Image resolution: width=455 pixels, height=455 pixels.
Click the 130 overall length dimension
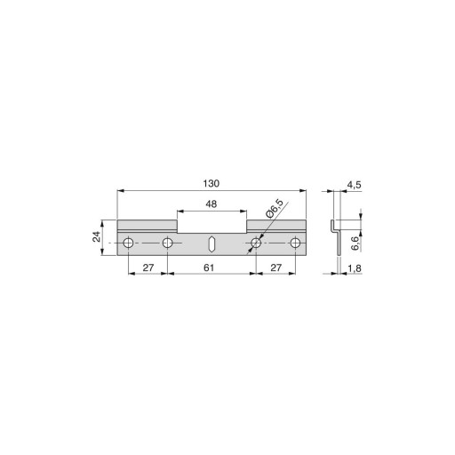click(x=212, y=184)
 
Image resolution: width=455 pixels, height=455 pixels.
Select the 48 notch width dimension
click(x=212, y=204)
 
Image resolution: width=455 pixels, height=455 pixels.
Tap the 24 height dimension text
click(x=97, y=237)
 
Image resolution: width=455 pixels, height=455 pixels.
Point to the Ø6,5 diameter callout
click(x=275, y=209)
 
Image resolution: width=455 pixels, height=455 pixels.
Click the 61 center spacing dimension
click(x=209, y=267)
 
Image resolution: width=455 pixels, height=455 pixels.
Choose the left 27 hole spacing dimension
click(x=148, y=267)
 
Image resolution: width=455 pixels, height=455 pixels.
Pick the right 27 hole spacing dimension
click(x=275, y=267)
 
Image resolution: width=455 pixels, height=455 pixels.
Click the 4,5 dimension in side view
click(x=355, y=185)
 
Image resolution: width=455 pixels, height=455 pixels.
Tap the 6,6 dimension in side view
click(x=355, y=243)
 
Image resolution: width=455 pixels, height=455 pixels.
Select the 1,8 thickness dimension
click(x=355, y=268)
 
